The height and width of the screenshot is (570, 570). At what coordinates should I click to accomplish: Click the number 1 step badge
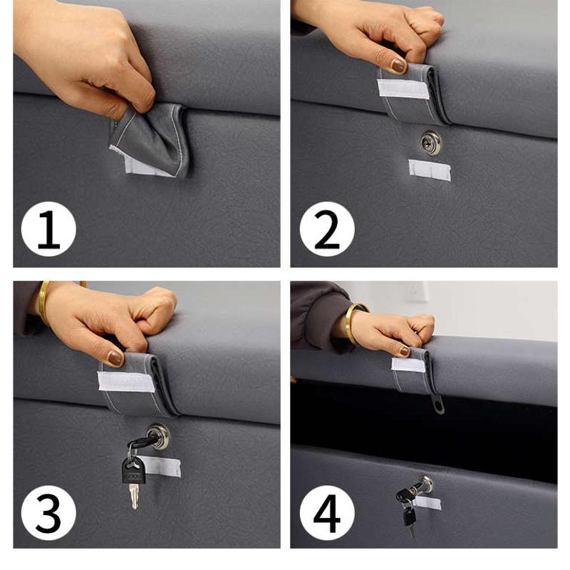click(x=48, y=229)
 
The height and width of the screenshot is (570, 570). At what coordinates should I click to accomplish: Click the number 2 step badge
click(x=327, y=229)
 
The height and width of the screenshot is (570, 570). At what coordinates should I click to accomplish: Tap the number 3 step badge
click(x=48, y=513)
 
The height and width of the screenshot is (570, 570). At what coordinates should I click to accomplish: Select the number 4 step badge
click(x=327, y=513)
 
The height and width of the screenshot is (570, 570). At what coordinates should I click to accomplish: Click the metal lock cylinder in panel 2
click(x=431, y=142)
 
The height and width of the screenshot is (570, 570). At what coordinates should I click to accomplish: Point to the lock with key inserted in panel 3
click(x=159, y=435)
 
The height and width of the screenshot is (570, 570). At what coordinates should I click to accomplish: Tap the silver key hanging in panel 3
click(x=134, y=496)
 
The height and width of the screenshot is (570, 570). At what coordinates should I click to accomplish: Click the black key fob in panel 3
click(x=133, y=470)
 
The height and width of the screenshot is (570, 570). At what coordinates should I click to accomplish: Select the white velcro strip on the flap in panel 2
click(x=403, y=88)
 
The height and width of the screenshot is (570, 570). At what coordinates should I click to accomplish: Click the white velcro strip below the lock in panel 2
click(x=430, y=170)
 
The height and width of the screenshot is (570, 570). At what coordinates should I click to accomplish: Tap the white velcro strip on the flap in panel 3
click(x=126, y=382)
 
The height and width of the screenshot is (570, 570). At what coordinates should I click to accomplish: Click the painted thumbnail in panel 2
click(x=398, y=66)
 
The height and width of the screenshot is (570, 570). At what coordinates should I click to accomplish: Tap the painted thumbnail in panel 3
click(x=116, y=358)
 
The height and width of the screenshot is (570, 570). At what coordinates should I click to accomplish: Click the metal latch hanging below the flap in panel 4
click(x=437, y=404)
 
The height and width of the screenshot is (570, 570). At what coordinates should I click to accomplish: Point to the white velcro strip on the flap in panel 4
click(x=408, y=365)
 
